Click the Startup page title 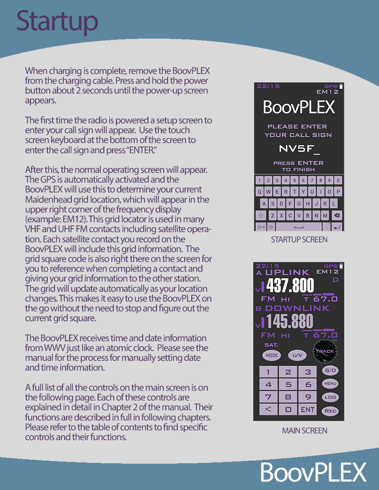[x=57, y=21]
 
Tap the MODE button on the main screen [x=272, y=355]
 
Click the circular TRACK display [x=325, y=351]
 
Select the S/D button [x=330, y=370]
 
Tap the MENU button [x=330, y=384]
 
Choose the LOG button [x=330, y=397]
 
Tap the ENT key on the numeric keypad [x=308, y=409]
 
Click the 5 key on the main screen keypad [x=288, y=384]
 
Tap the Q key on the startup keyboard [x=260, y=192]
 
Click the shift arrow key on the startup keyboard [x=260, y=216]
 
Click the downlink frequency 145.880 [x=289, y=321]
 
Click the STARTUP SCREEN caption [x=299, y=240]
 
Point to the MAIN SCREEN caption [x=305, y=431]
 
